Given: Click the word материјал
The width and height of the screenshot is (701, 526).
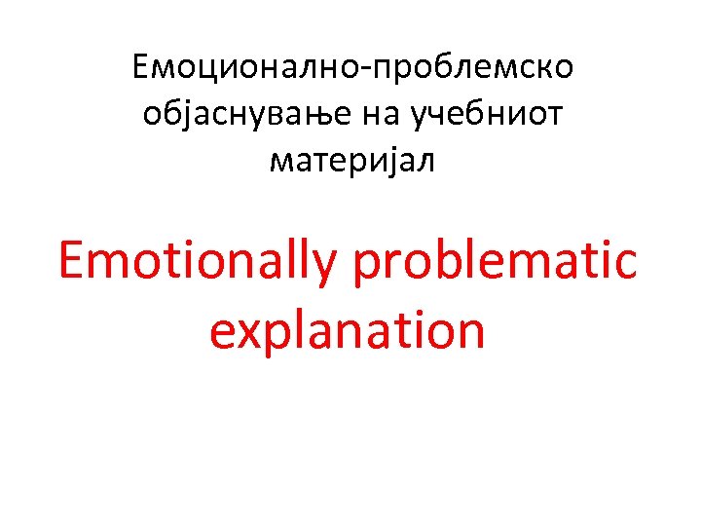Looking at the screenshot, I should click(x=352, y=163).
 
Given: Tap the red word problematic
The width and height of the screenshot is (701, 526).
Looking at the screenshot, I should click(x=496, y=260).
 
